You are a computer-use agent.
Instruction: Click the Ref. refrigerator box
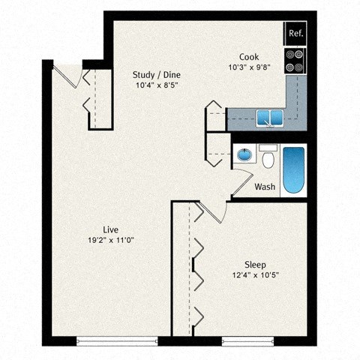[x=295, y=34]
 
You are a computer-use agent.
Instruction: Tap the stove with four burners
[x=295, y=60]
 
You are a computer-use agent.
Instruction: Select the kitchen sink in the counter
[x=266, y=116]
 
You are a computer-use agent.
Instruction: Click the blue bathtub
[x=293, y=172]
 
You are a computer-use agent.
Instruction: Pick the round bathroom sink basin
[x=244, y=155]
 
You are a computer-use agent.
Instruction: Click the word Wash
[x=264, y=187]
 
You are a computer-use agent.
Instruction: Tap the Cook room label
[x=249, y=57]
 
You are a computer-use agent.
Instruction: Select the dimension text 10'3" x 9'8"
[x=249, y=67]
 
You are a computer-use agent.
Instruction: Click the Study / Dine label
[x=156, y=74]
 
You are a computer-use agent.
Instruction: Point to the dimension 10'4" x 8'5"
[x=156, y=85]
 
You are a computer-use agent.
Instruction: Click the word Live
[x=112, y=229]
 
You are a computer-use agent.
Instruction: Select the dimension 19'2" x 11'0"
[x=112, y=240]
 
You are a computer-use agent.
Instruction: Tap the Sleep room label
[x=255, y=265]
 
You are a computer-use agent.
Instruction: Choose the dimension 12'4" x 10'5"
[x=255, y=275]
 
